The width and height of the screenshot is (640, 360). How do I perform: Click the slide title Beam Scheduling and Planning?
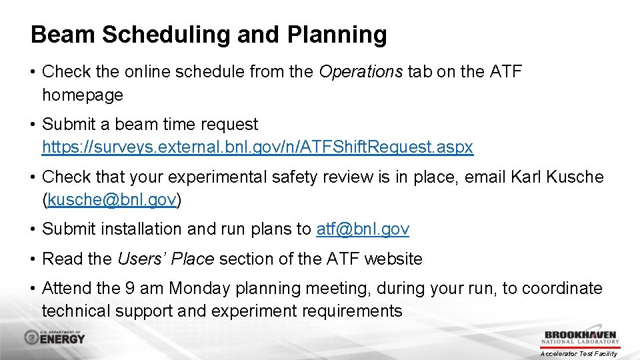209,35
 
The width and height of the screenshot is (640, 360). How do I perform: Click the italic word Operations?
361,72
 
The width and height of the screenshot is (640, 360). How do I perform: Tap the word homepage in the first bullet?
83,95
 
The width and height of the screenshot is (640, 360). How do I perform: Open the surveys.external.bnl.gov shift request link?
257,147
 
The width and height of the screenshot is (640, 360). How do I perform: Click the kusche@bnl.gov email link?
112,199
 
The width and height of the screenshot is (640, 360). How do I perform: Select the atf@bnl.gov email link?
363,229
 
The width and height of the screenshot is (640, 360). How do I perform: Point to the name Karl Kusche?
557,177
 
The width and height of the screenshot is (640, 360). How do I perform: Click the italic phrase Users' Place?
165,259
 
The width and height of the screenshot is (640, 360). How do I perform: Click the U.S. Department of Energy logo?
55,337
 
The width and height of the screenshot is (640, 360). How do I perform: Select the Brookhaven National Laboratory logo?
581,338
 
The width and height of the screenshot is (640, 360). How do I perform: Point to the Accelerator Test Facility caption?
579,353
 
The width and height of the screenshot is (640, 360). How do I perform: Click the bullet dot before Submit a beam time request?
34,125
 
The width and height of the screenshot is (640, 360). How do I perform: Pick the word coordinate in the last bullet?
562,289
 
